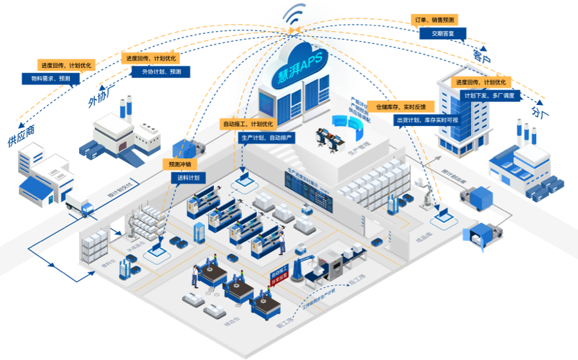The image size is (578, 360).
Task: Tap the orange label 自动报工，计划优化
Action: click(248, 124)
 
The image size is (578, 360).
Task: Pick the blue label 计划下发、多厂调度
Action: click(489, 96)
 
